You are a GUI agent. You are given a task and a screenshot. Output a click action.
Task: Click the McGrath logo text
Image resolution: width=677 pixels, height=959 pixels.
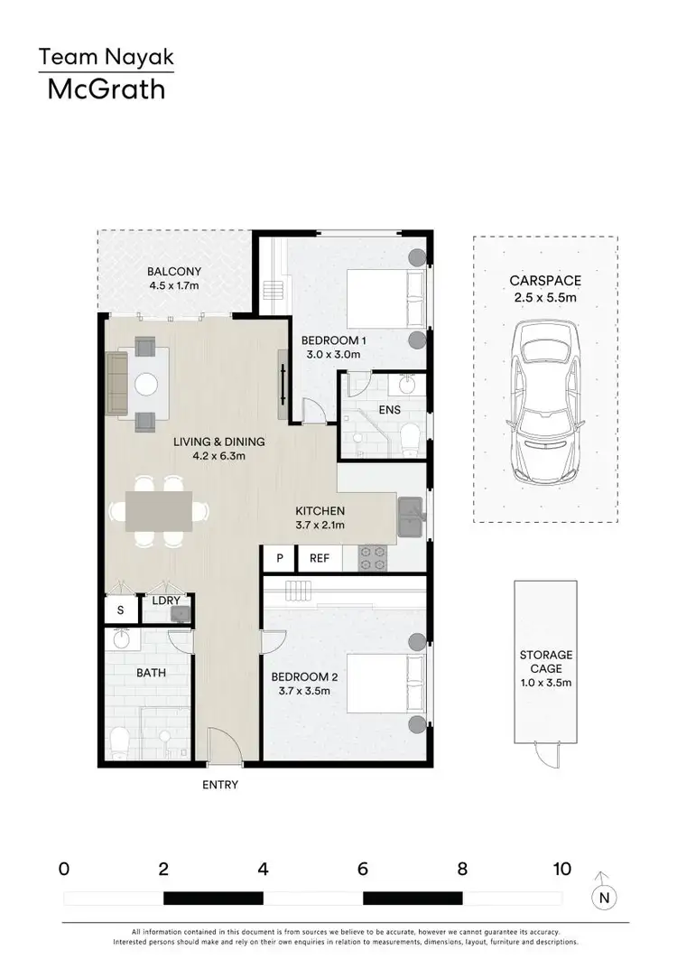pos(106,89)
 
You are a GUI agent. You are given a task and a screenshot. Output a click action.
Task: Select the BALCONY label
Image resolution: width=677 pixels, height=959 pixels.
pos(174,272)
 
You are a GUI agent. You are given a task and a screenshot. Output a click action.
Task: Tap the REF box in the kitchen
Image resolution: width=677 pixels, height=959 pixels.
pos(320,558)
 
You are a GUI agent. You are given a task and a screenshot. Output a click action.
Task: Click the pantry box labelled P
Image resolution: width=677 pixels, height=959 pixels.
pos(280,558)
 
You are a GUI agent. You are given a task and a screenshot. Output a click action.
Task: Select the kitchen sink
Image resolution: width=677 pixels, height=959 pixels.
pos(410,516)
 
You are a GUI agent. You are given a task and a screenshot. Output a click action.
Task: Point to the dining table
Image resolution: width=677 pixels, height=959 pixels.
pos(159,511)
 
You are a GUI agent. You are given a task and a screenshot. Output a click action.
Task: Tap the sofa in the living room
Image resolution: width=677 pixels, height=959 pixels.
pos(116,384)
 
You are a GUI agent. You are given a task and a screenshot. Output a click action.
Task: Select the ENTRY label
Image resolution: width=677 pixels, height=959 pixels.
pos(219,785)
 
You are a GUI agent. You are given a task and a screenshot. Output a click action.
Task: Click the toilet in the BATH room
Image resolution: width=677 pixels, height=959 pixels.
pos(118,744)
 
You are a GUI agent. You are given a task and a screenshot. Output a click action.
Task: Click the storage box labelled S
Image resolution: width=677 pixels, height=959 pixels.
pos(120,609)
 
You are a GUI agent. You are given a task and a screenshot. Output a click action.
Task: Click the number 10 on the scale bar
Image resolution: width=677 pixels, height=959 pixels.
pos(561,869)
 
